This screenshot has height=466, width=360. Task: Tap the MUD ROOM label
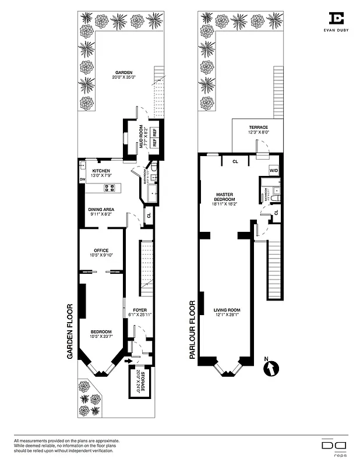tap(140, 132)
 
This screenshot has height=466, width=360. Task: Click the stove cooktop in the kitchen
tap(109, 188)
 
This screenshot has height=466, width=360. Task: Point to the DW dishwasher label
tap(82, 179)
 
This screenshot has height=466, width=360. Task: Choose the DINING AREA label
tap(101, 209)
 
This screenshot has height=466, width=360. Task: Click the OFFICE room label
tap(101, 251)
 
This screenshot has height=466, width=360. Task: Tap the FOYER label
tap(140, 310)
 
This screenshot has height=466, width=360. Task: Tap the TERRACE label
tap(258, 127)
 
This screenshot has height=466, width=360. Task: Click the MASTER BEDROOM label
tap(224, 197)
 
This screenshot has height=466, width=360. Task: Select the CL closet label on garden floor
tap(149, 215)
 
